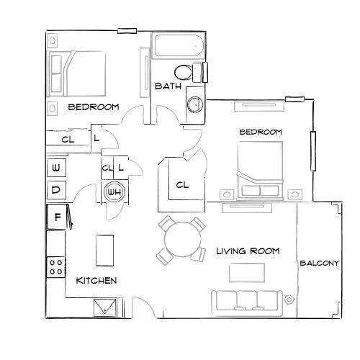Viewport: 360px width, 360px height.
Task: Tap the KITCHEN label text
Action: coord(96,280)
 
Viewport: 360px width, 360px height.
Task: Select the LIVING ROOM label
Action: coord(248,251)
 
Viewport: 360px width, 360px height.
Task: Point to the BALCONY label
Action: coord(318,264)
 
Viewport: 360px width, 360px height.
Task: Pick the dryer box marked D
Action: coord(56,191)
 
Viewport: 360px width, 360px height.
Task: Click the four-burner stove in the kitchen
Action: coord(55,268)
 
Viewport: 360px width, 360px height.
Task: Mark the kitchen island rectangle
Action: coord(104,250)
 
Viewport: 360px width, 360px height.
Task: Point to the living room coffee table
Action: coord(246,272)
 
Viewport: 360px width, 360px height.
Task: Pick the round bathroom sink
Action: coord(194,103)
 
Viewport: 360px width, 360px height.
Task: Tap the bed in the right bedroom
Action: coord(260,168)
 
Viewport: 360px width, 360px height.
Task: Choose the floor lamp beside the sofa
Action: coord(289,299)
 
